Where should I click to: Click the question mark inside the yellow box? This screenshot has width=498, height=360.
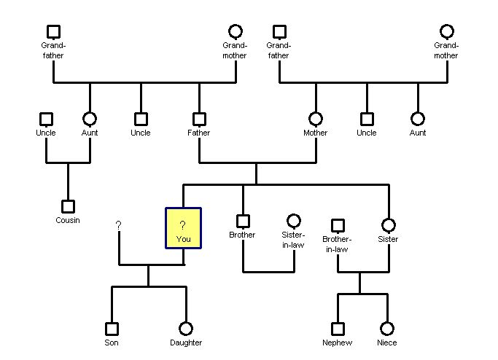[183, 225]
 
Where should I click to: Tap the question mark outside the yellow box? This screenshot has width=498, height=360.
[118, 226]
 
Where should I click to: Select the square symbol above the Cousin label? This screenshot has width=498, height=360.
[68, 206]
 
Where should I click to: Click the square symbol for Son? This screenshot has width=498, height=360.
[112, 329]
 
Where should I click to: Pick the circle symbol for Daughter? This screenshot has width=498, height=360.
[186, 329]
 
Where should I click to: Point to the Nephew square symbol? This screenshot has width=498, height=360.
[338, 329]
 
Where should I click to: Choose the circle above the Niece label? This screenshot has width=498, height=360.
[387, 329]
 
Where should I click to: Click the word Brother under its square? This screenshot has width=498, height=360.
[242, 235]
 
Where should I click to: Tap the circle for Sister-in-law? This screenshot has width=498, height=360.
[293, 221]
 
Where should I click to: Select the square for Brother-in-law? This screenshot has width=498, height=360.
[338, 226]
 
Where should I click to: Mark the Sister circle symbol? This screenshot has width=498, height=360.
[388, 225]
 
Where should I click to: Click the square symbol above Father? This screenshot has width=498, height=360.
[199, 119]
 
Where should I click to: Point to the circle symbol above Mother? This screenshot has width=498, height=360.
[316, 119]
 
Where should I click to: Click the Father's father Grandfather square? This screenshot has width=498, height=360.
[53, 31]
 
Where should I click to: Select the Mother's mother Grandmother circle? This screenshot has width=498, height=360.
[447, 31]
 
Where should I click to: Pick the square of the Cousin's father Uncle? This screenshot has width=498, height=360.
[46, 119]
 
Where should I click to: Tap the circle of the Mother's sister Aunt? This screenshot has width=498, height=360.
[418, 119]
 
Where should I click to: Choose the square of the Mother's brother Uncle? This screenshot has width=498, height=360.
[367, 119]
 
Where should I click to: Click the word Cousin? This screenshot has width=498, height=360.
[68, 221]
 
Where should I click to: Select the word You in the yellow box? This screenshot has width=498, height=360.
[183, 239]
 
